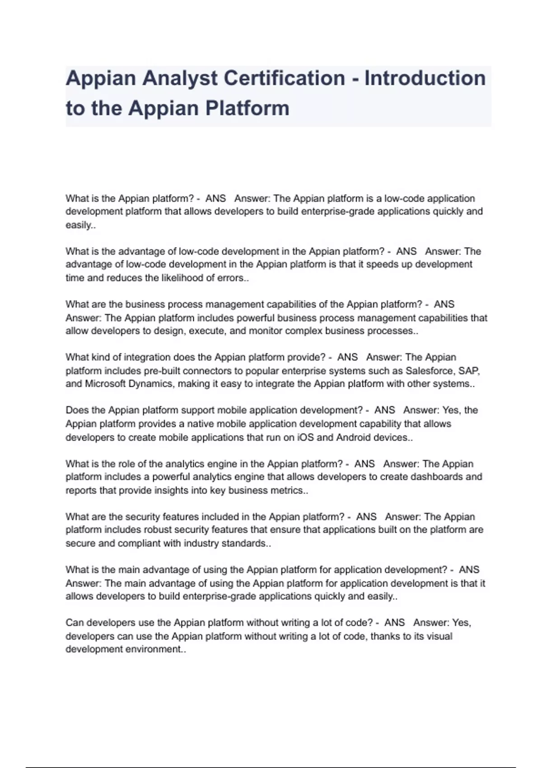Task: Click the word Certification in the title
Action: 284,78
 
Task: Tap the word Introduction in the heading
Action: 425,78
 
